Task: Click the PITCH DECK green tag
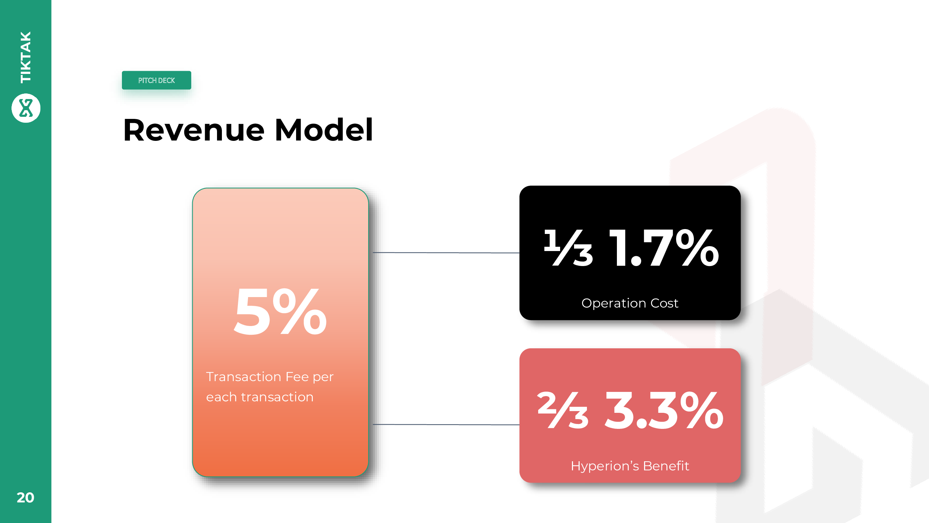156,80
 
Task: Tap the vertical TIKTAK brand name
26,57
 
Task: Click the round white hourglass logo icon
26,108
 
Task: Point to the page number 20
25,498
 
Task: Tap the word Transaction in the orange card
244,377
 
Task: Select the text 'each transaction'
260,397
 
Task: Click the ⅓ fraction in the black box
568,248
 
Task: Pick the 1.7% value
664,248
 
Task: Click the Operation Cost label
630,303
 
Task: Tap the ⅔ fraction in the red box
563,410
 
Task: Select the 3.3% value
664,411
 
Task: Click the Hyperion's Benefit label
630,466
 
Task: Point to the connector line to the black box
446,253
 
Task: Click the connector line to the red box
446,424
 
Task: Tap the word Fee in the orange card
297,377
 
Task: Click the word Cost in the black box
664,303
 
